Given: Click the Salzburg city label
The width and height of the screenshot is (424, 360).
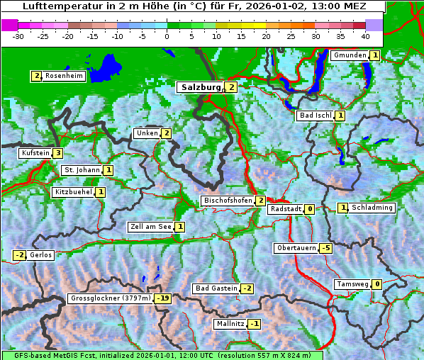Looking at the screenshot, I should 201,87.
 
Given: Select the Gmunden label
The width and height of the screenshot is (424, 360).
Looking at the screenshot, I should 350,55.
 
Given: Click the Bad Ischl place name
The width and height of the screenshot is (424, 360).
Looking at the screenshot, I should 316,116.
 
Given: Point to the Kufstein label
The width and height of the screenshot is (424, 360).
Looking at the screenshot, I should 35,153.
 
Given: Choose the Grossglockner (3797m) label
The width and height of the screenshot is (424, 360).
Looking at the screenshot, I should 111,298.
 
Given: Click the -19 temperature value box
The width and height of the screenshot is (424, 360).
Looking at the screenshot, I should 163,298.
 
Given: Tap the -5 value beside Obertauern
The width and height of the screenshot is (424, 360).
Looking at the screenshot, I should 325,248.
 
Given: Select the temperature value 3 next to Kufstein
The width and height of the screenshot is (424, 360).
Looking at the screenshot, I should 57,153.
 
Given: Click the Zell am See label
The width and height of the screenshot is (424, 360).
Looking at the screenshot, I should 150,227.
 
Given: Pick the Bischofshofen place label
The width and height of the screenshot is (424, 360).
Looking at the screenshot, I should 228,201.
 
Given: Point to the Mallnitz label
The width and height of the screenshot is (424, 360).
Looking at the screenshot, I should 230,324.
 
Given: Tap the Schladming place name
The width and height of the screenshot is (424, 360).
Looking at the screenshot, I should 372,208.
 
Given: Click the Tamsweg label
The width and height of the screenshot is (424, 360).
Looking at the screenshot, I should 352,284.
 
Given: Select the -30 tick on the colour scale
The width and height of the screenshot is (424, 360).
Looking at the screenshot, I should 18,35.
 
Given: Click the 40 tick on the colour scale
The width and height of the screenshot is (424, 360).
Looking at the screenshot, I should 365,35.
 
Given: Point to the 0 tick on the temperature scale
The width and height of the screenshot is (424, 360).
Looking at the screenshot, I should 167,35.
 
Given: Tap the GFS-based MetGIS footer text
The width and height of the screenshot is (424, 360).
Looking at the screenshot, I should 162,355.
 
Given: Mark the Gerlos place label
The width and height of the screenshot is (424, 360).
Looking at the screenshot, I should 41,255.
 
